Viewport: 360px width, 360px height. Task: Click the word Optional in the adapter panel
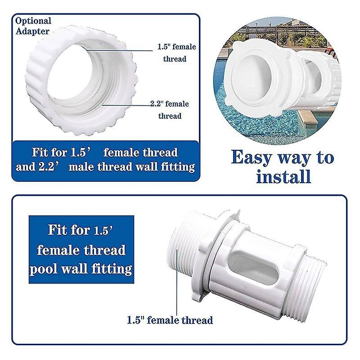[x=33, y=21]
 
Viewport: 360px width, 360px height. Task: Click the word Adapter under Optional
[x=32, y=31]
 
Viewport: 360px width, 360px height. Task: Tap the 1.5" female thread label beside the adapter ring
[x=176, y=53]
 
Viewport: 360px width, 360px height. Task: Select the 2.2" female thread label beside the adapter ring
[x=170, y=110]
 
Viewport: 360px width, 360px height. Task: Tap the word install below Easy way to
[x=283, y=176]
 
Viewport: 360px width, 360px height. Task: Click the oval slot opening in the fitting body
[x=254, y=267]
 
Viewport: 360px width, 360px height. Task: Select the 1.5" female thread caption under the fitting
[x=170, y=320]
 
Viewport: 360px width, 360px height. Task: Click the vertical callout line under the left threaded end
[x=177, y=283]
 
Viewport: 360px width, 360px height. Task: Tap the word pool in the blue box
[x=43, y=269]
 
